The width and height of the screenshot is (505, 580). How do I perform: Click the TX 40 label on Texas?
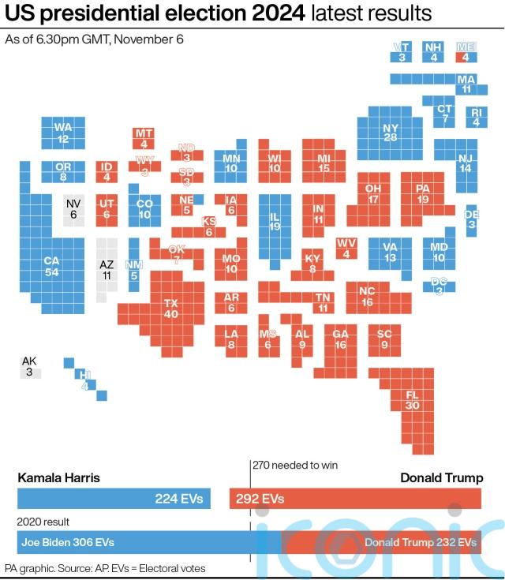(x=171, y=309)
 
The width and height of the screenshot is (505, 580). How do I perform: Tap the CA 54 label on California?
(x=51, y=267)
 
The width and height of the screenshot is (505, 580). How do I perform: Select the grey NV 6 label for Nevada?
(x=73, y=208)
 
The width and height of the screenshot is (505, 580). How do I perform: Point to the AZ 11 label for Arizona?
(x=107, y=270)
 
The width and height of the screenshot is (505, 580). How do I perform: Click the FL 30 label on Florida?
(x=412, y=400)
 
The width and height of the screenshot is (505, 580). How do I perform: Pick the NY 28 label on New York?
(x=391, y=133)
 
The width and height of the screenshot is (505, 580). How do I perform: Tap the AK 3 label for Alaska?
(x=29, y=366)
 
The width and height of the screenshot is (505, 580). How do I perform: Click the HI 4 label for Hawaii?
(x=85, y=380)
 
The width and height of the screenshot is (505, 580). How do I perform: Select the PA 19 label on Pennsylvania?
(x=422, y=193)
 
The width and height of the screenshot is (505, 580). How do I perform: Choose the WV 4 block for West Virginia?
(x=346, y=249)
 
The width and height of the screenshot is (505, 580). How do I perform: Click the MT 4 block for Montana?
(x=144, y=138)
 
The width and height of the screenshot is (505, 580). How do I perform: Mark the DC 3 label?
(x=439, y=286)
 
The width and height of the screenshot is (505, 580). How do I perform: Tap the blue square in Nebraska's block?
(x=198, y=200)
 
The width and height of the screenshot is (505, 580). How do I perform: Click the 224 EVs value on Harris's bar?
(x=179, y=499)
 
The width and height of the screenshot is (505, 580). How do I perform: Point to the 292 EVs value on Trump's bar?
(x=260, y=499)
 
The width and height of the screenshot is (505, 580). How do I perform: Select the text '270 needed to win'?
(x=295, y=465)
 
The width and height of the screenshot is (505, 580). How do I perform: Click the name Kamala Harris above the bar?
(x=59, y=477)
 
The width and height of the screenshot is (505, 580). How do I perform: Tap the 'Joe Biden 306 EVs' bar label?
(x=68, y=542)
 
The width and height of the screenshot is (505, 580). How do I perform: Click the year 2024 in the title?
(x=279, y=13)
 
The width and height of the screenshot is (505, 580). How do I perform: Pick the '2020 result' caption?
(x=43, y=522)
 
